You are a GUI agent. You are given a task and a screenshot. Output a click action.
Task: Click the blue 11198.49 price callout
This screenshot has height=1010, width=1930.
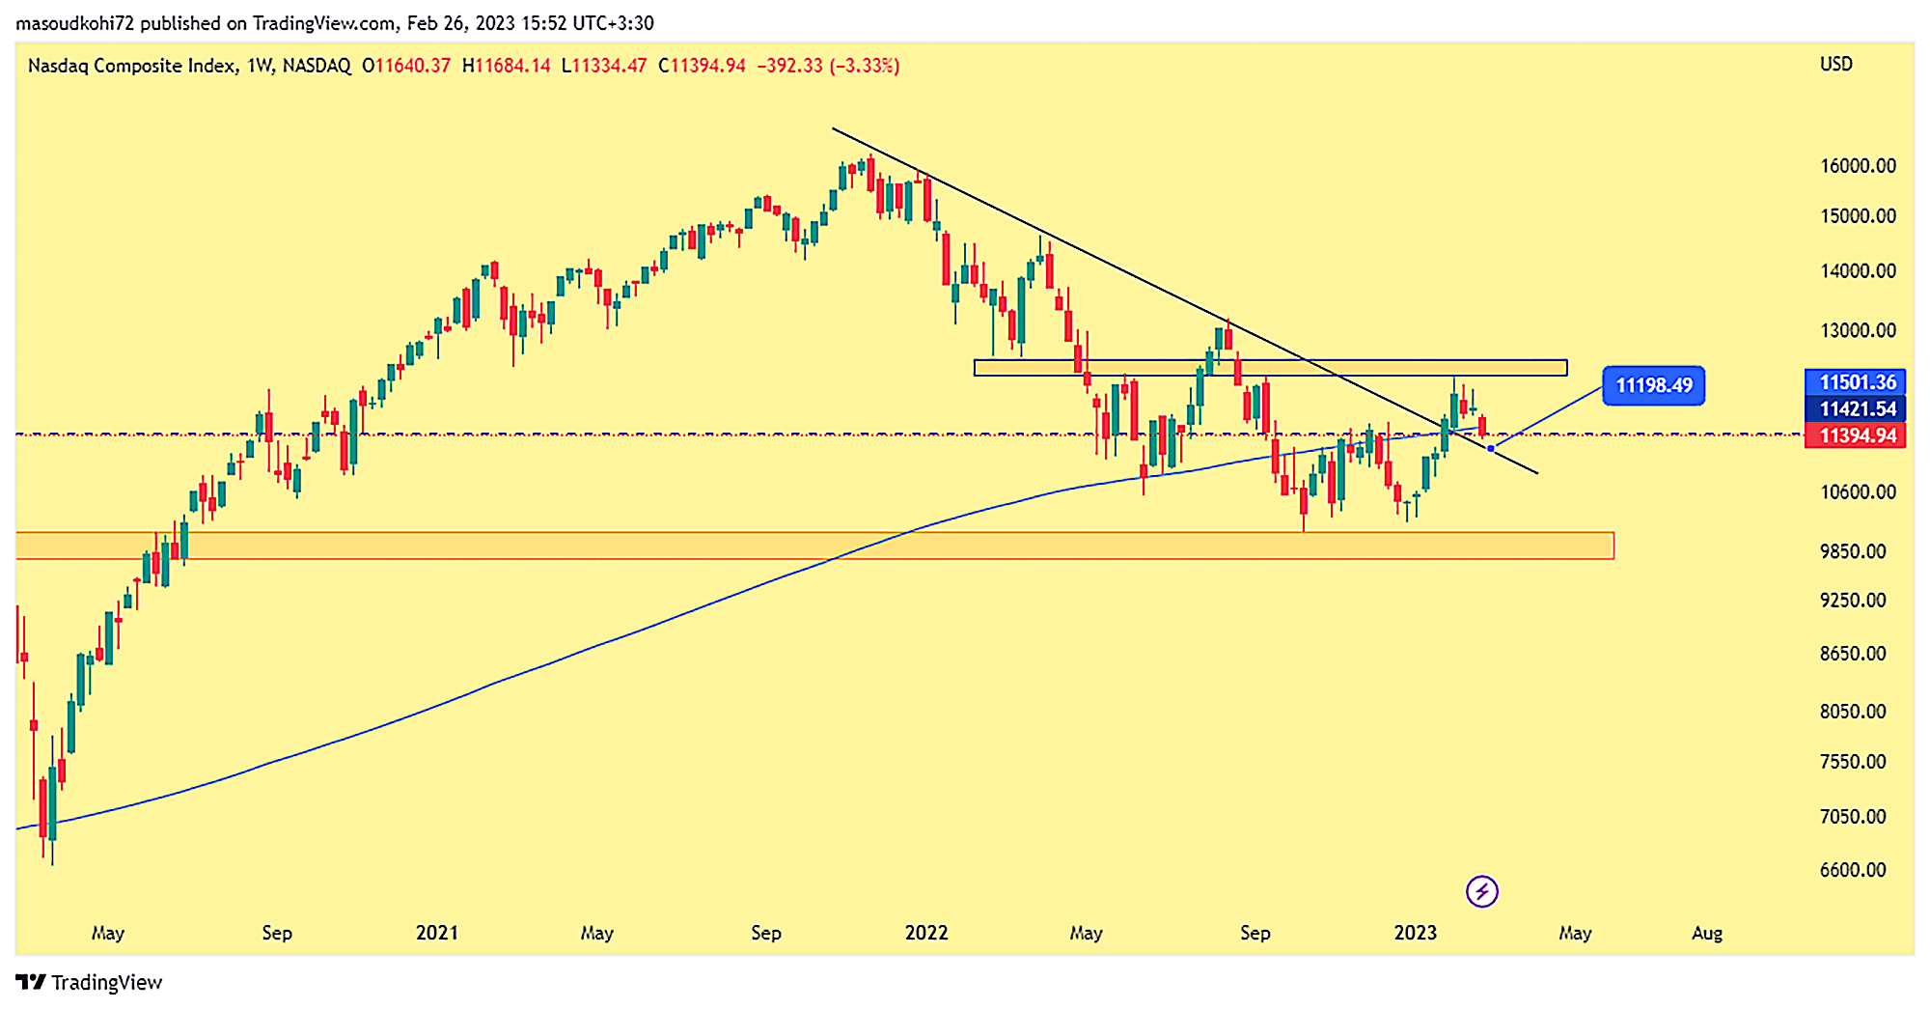1653,385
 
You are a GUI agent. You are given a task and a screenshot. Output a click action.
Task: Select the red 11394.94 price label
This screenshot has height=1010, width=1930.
1857,435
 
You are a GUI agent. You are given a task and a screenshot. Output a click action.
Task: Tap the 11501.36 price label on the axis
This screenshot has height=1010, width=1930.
1857,382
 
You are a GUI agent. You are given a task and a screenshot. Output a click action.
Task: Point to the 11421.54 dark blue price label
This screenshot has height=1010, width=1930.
1857,409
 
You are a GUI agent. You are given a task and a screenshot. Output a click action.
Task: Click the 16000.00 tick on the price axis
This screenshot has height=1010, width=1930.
1858,166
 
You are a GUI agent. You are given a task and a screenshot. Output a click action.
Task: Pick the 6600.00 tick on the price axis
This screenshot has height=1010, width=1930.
1852,870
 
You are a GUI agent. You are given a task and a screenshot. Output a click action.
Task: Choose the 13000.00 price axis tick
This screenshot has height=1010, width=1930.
1858,330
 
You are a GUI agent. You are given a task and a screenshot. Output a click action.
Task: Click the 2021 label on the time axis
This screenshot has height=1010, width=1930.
436,933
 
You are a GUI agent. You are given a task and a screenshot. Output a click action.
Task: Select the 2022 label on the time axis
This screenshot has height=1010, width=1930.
925,933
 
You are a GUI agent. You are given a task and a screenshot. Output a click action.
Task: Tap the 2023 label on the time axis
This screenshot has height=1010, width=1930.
1415,933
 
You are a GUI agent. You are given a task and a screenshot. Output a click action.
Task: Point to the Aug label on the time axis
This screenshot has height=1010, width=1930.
1706,933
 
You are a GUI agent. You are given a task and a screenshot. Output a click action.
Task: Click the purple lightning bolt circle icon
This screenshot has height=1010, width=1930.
1481,891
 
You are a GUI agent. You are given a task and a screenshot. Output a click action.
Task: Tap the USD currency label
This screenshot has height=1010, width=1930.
1835,65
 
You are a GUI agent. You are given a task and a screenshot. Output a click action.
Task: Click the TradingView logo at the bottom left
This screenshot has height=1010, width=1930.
89,983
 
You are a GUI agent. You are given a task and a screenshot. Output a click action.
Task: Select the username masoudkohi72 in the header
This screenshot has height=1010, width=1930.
74,23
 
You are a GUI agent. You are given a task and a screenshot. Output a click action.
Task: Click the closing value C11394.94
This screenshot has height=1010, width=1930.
702,66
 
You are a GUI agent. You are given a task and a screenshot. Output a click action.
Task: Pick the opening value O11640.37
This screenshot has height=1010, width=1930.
406,66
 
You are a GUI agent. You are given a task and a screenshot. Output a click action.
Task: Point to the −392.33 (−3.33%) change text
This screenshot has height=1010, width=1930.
828,66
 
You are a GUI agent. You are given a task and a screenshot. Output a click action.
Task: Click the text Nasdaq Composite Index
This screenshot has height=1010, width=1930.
131,66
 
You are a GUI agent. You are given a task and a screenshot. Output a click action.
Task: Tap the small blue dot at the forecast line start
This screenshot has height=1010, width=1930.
1491,448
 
